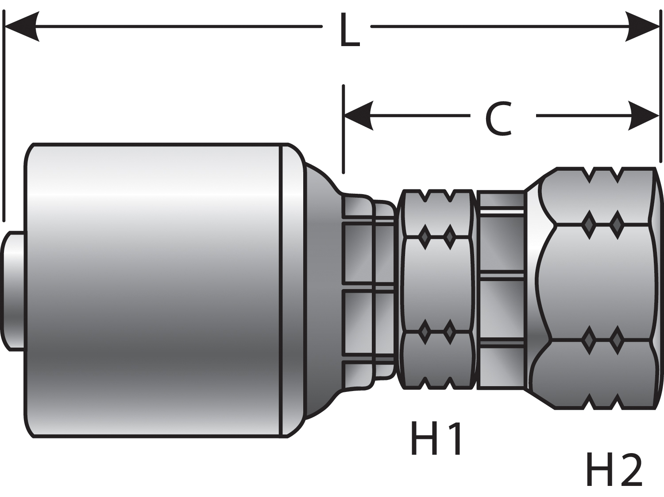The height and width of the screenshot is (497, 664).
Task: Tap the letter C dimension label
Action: [x=499, y=118]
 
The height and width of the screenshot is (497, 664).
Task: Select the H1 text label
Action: [x=436, y=438]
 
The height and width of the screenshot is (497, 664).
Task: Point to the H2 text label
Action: [x=614, y=470]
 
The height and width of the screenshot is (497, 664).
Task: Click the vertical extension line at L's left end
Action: [x=4, y=115]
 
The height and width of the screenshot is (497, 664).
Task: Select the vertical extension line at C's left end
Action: [x=344, y=129]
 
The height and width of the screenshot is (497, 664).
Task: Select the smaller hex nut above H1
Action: [x=436, y=290]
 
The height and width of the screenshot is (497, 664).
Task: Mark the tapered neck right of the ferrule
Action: [x=321, y=290]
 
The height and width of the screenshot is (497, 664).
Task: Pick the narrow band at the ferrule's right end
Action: [x=292, y=290]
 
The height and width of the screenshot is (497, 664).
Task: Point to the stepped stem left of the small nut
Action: [x=367, y=290]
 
